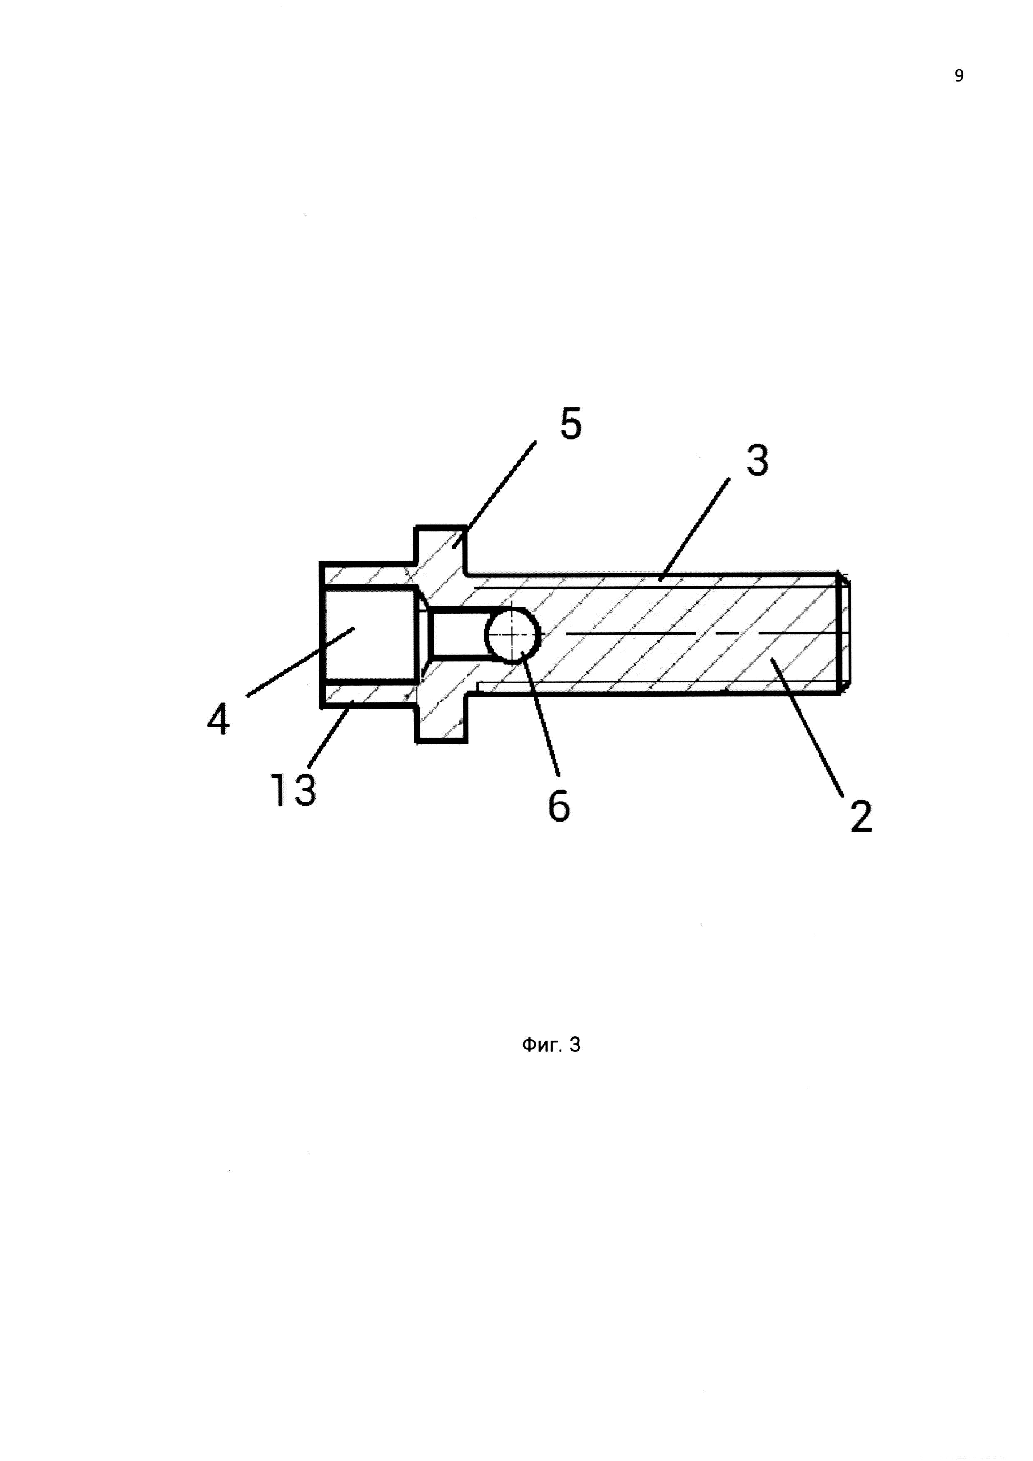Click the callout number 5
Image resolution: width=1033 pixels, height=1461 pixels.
click(571, 425)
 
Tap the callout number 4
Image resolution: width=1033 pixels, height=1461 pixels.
click(218, 722)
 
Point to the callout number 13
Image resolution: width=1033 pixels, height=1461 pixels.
click(293, 790)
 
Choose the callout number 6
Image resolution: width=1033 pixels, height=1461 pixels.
click(559, 806)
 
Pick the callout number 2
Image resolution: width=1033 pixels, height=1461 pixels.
click(861, 817)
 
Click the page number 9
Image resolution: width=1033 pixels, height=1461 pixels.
click(958, 76)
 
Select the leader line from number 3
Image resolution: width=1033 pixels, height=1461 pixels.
click(695, 529)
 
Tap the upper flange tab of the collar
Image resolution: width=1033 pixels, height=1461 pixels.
click(441, 546)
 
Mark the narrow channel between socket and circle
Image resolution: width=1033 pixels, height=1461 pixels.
click(455, 634)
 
